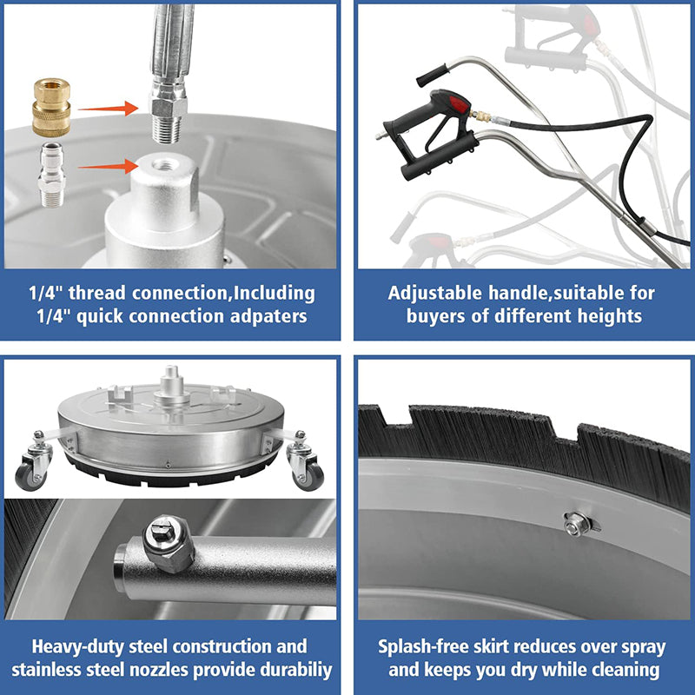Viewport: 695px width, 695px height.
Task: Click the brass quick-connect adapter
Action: pyautogui.click(x=51, y=107)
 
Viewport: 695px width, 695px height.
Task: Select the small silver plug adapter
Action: pyautogui.click(x=51, y=175)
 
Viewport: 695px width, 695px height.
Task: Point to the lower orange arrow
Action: pyautogui.click(x=109, y=166)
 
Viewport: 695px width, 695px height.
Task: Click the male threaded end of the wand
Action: pyautogui.click(x=166, y=129)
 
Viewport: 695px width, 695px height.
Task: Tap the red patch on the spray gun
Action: pyautogui.click(x=458, y=105)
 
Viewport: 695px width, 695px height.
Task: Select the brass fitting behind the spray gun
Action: pyautogui.click(x=480, y=117)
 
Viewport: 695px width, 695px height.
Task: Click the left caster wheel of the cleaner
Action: pyautogui.click(x=30, y=476)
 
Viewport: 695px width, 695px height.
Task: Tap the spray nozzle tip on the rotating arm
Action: pyautogui.click(x=168, y=543)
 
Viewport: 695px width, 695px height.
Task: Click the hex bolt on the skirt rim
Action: pyautogui.click(x=576, y=524)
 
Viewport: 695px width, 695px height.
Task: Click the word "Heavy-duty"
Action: pyautogui.click(x=78, y=646)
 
